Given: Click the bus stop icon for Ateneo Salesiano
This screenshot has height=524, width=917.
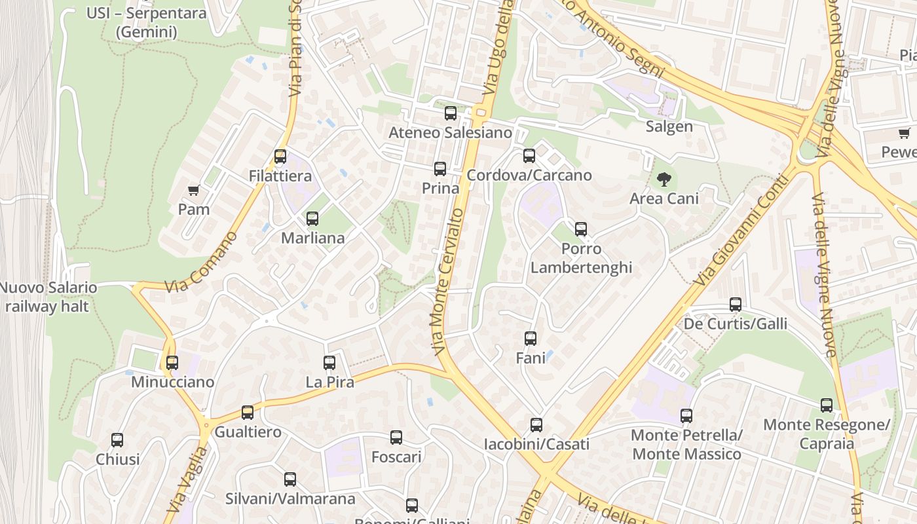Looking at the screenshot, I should point(451,113).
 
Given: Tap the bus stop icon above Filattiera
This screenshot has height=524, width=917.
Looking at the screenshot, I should point(280,157).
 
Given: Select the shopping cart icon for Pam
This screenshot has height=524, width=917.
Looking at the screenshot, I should point(193,191).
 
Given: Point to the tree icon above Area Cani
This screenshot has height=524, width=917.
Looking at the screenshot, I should point(664,179).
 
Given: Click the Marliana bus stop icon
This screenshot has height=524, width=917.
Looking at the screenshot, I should point(312,219).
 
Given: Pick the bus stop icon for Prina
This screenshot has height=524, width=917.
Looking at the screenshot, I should point(440,169).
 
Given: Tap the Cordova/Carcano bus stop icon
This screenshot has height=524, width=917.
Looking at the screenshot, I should point(529,156).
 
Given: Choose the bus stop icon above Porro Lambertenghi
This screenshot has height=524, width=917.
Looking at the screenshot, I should point(581,229).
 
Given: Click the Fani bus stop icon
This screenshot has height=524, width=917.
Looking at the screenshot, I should point(531,339).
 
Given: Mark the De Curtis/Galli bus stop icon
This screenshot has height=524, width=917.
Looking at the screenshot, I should point(736,305).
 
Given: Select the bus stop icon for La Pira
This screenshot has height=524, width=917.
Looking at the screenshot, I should point(329,362).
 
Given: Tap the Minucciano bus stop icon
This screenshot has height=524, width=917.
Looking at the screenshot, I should point(172,362).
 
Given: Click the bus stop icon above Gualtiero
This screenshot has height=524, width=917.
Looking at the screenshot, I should point(248,413).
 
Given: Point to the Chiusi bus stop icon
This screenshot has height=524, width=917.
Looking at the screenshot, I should point(117,440).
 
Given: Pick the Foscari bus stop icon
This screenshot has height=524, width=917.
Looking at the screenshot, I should point(396,438).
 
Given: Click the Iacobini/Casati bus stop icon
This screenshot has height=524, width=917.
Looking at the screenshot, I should point(536,425).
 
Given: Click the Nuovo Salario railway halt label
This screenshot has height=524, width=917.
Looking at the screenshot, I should point(48,297).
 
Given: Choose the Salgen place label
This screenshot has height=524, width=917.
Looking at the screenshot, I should point(669,126).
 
